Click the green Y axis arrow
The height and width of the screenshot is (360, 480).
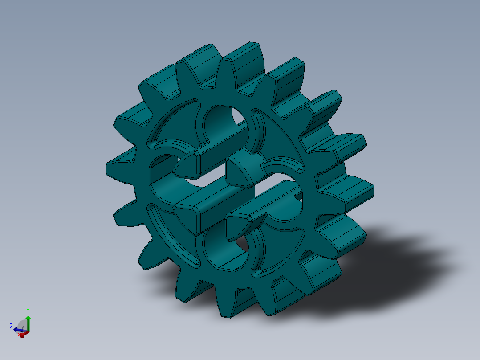click(28, 321)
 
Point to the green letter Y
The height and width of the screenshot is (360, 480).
click(28, 310)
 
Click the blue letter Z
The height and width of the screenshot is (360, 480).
click(11, 326)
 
